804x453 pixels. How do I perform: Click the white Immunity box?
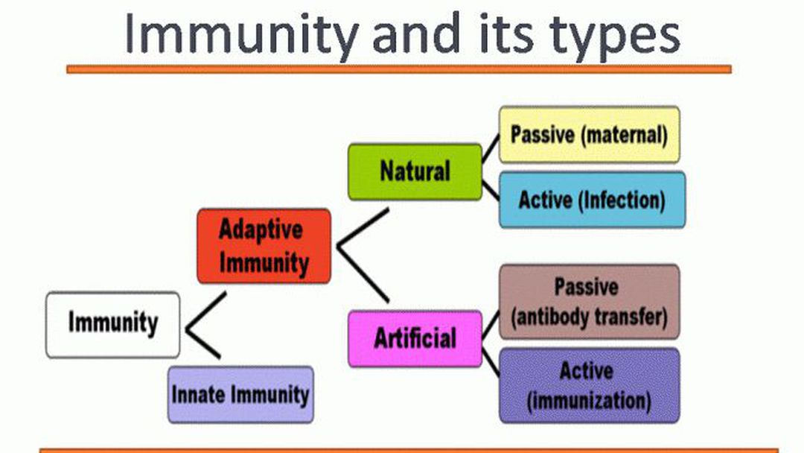coord(113,325)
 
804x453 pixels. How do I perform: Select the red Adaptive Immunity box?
coord(264,246)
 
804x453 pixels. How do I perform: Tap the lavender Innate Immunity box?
coord(240,395)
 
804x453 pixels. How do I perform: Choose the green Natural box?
coord(415,172)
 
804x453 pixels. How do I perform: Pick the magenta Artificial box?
coord(415,338)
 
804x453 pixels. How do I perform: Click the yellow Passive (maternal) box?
coord(589,135)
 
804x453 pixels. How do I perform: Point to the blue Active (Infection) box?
coord(592,200)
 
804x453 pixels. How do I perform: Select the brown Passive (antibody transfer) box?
coord(589,302)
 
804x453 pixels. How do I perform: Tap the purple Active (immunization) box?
coord(589,386)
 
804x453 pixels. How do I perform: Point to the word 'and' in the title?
coord(416,34)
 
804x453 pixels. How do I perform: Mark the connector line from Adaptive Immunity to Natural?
coord(363,227)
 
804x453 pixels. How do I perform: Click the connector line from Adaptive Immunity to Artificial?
coord(363,274)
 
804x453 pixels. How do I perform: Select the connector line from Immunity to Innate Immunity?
coord(203,344)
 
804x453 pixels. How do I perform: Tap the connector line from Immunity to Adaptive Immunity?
coord(205,311)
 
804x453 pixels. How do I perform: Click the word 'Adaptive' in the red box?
coord(261,230)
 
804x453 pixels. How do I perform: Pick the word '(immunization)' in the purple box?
coord(589,401)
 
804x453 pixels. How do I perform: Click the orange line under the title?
coord(399,69)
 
